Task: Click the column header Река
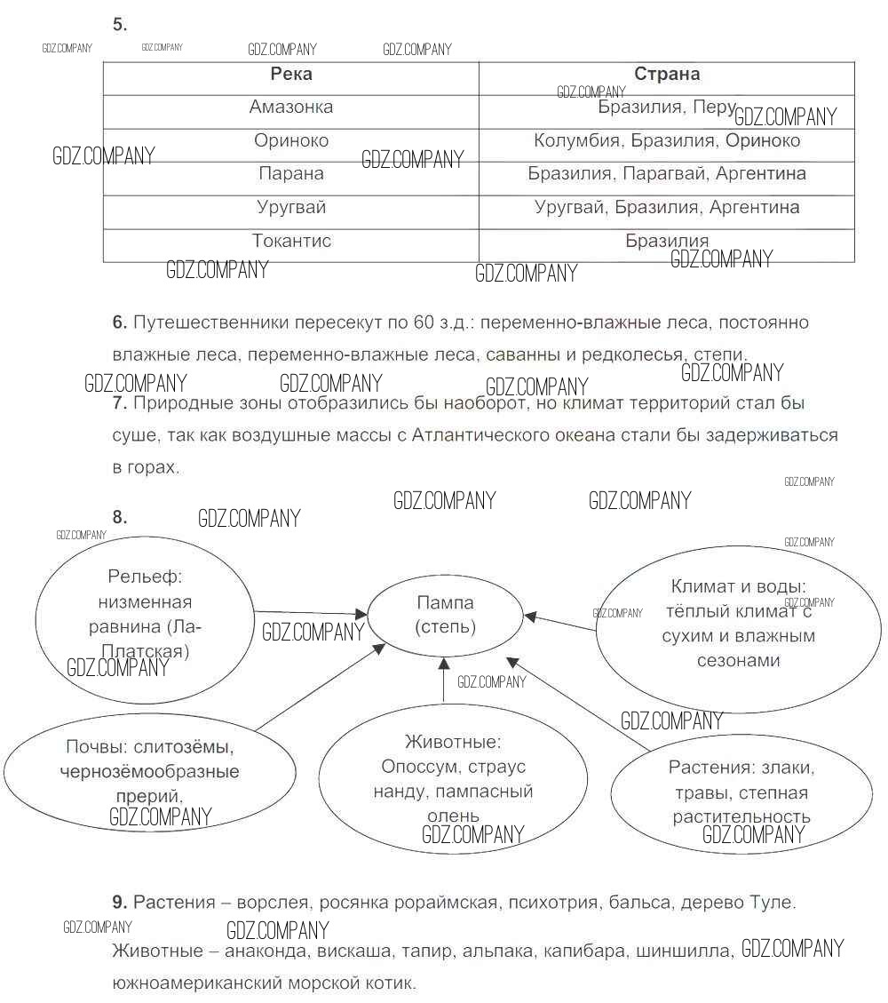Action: pyautogui.click(x=291, y=75)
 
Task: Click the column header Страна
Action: pyautogui.click(x=666, y=75)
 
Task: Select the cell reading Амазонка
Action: pyautogui.click(x=291, y=107)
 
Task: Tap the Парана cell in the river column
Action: pyautogui.click(x=291, y=174)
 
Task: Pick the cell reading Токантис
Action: pyautogui.click(x=291, y=241)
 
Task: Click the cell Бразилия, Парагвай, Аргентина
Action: pyautogui.click(x=666, y=174)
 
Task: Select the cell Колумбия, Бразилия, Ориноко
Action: pyautogui.click(x=666, y=141)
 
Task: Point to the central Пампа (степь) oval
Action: pyautogui.click(x=445, y=615)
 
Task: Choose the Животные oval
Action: pyautogui.click(x=453, y=778)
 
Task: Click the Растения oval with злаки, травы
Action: pyautogui.click(x=741, y=792)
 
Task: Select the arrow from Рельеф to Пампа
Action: pyautogui.click(x=311, y=612)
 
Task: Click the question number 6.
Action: pyautogui.click(x=120, y=322)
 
